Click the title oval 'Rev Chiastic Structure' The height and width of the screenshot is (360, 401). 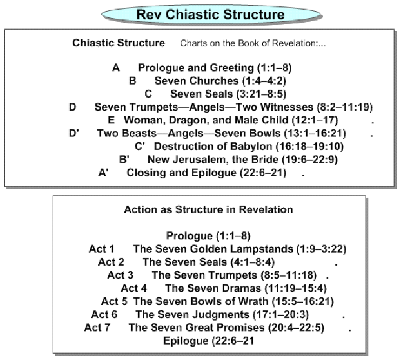coord(211,14)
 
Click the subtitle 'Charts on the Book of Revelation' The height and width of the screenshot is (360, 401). coord(248,43)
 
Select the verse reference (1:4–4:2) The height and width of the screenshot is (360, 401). coord(264,81)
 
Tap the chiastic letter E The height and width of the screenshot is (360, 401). coord(111,120)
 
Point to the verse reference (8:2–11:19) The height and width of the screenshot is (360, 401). coord(345,107)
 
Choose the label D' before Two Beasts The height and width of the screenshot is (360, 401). coord(74,133)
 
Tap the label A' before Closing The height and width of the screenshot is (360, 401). coord(104,173)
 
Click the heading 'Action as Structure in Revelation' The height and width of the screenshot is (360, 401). coord(208,210)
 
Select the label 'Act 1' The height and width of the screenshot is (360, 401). coord(101,249)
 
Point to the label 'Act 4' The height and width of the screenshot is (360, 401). coord(134,288)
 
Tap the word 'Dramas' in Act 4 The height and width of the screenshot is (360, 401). coord(241,288)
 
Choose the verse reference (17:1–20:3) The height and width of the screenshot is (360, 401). coord(281,314)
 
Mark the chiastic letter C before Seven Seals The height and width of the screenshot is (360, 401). coord(148,94)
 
